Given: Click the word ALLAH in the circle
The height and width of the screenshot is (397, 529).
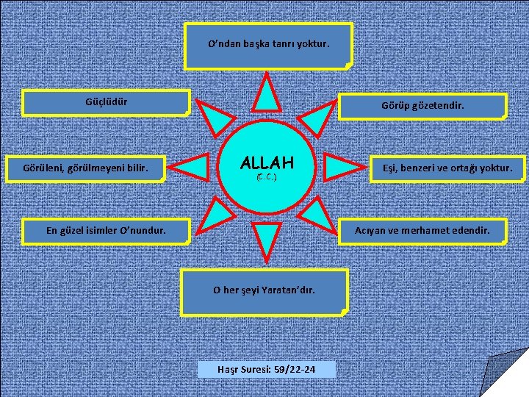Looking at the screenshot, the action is point(267,162).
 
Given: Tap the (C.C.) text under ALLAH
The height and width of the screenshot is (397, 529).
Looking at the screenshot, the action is point(267,178).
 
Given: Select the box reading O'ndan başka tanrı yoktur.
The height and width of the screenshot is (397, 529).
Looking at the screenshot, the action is point(268,46).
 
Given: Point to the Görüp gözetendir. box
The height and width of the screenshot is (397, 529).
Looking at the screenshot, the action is point(422,106).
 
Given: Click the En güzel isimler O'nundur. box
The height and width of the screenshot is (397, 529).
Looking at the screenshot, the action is point(106,231).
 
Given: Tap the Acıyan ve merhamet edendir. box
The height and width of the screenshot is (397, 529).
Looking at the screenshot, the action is point(422,231).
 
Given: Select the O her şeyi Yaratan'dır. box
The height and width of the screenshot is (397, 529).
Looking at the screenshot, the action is point(264,290).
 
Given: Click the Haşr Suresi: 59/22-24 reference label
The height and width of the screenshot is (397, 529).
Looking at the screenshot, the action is point(267,368).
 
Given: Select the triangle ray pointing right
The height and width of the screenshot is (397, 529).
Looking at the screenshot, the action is point(339,168).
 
